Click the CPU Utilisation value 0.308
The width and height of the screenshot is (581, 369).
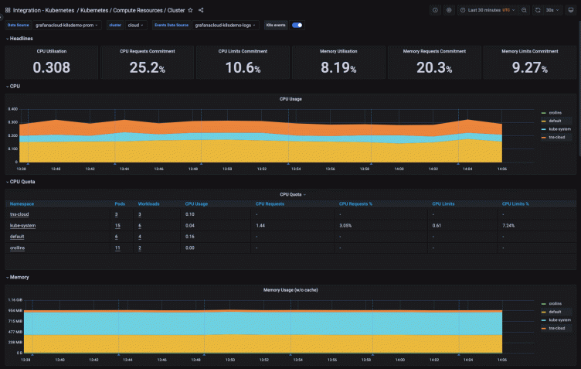click(52, 67)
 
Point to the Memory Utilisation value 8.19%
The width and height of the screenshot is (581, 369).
click(338, 67)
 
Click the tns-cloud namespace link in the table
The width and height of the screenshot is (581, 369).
click(19, 214)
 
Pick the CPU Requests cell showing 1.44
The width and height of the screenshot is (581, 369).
click(260, 225)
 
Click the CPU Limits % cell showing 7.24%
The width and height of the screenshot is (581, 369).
click(509, 225)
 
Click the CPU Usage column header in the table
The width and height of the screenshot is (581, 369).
click(196, 203)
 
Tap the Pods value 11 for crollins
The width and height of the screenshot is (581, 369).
click(117, 248)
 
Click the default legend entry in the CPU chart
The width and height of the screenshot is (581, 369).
click(554, 121)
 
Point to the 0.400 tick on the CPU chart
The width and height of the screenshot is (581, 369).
click(12, 109)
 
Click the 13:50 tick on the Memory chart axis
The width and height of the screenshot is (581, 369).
click(229, 360)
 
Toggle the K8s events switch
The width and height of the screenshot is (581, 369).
click(297, 25)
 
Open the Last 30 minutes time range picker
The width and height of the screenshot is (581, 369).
click(488, 10)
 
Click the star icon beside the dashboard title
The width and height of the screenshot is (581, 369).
click(191, 10)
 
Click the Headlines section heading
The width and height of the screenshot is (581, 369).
click(21, 39)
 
